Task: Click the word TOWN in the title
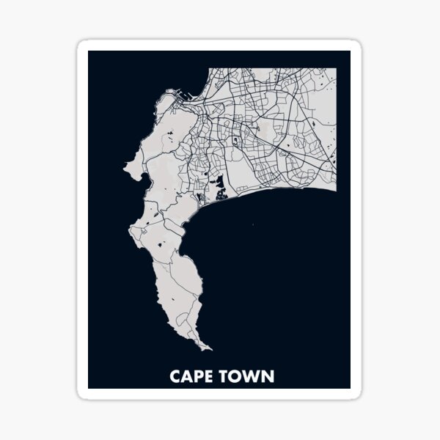pyautogui.click(x=249, y=377)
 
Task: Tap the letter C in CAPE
pyautogui.click(x=175, y=377)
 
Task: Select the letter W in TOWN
pyautogui.click(x=253, y=377)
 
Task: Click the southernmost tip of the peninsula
pyautogui.click(x=210, y=350)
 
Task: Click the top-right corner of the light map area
pyautogui.click(x=337, y=68)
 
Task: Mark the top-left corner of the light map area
pyautogui.click(x=210, y=68)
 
